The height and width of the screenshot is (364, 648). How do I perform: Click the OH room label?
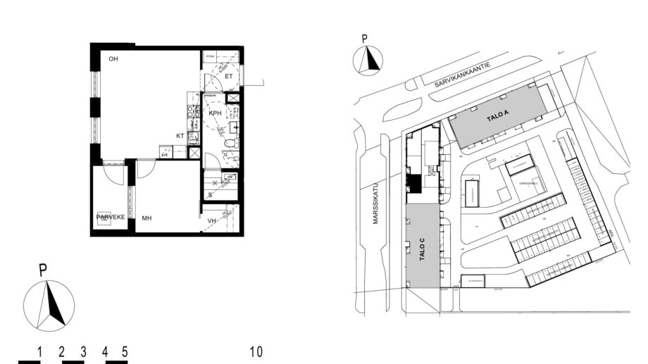pyautogui.click(x=113, y=59)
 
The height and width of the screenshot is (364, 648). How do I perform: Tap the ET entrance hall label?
pyautogui.click(x=229, y=76)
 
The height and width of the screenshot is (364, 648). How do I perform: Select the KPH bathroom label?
pyautogui.click(x=216, y=113)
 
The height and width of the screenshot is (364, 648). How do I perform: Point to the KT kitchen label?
pyautogui.click(x=180, y=136)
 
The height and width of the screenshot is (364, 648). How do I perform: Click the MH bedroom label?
pyautogui.click(x=147, y=218)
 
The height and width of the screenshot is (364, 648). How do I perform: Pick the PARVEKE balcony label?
pyautogui.click(x=111, y=217)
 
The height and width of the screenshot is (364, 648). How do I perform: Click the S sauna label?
pyautogui.click(x=210, y=194)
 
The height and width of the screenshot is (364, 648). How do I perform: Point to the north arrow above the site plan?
pyautogui.click(x=366, y=60)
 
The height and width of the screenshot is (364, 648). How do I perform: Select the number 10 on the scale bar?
pyautogui.click(x=256, y=351)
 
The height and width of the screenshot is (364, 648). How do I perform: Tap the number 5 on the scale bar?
pyautogui.click(x=125, y=351)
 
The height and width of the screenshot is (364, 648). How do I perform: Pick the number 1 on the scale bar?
pyautogui.click(x=41, y=351)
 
